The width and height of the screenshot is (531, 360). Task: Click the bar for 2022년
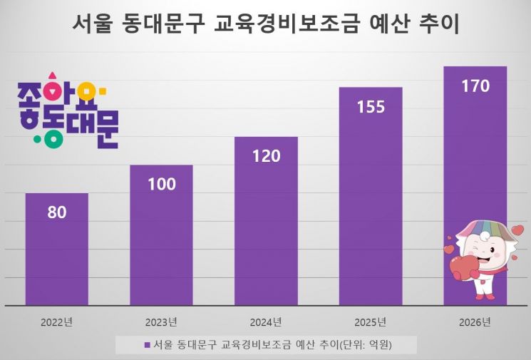coord(56,257)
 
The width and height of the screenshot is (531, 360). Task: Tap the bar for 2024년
coord(266,235)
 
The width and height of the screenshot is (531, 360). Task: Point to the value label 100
coord(161,184)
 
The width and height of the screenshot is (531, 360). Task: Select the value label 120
coord(266,156)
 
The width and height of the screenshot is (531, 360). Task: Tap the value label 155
coord(371,107)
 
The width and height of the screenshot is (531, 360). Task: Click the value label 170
coord(475,86)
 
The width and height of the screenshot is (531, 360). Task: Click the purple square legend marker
coord(147,345)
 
